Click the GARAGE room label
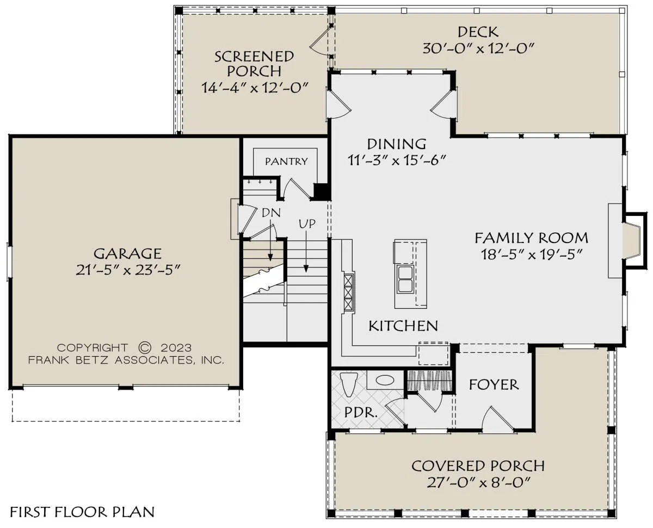127,253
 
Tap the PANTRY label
286,161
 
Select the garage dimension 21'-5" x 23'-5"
128,270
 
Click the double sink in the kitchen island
405,279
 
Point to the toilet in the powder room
349,384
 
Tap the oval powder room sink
385,381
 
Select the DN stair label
272,213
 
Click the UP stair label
307,224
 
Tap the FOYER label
494,384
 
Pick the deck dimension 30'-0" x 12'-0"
478,48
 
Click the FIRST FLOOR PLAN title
82,512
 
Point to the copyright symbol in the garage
145,347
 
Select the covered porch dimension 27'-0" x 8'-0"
478,483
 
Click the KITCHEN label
403,326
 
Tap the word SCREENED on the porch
254,57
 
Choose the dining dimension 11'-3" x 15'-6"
396,160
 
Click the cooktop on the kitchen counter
349,293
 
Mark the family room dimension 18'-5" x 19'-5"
531,254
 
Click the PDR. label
361,413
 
